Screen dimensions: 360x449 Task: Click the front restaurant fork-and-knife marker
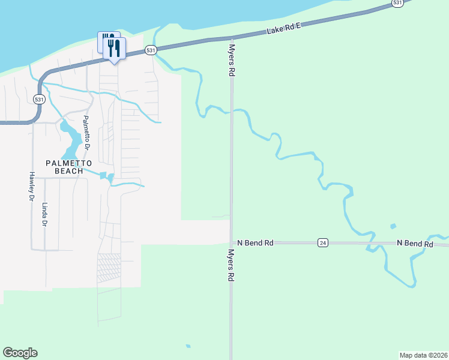114,49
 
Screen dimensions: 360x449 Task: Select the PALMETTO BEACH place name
70,167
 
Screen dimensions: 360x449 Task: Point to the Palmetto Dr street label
87,132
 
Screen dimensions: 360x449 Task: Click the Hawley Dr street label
31,185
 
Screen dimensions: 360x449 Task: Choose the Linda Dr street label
44,214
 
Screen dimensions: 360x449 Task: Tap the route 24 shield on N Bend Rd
323,243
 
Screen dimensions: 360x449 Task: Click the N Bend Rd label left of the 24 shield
255,243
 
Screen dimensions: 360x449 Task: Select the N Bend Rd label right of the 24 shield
415,244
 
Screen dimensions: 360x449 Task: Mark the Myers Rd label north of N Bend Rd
231,59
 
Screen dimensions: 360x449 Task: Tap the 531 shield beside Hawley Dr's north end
39,100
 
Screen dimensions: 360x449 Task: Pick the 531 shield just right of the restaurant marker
151,50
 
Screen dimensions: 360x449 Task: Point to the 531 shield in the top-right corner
397,3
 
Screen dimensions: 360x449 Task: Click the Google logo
20,353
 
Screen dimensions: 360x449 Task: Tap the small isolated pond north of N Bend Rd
393,226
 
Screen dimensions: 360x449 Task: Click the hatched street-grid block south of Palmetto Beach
109,268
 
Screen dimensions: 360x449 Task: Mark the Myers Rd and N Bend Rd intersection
231,242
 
